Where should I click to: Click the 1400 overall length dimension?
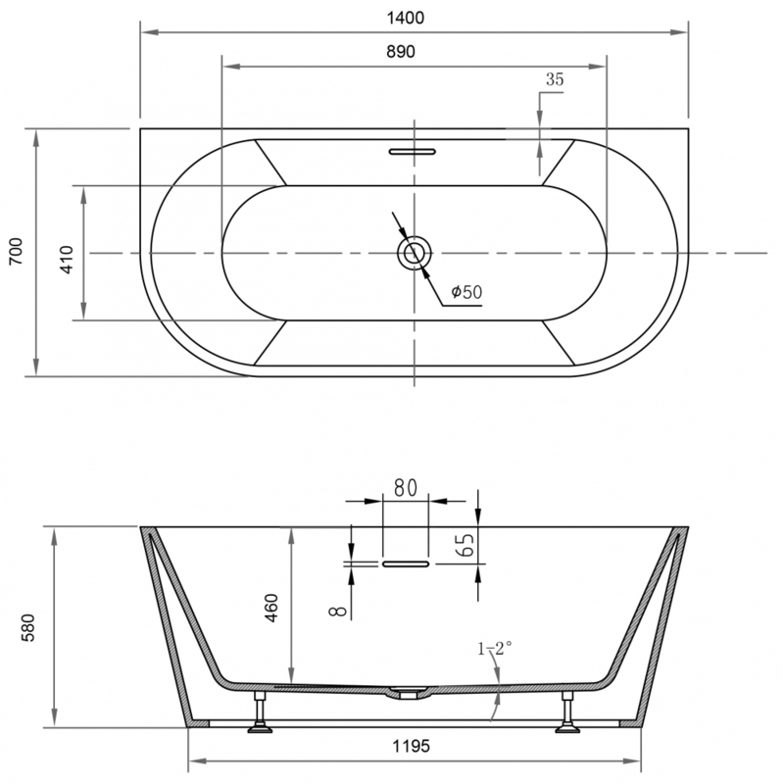406,18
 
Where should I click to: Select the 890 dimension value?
401,52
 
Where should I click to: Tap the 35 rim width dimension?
555,79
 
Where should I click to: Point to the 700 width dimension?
17,251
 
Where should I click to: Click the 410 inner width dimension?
67,260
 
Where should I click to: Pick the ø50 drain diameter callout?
466,291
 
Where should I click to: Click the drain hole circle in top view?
414,253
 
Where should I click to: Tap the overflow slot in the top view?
413,152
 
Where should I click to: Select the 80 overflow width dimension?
405,488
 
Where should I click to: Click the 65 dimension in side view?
465,545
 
